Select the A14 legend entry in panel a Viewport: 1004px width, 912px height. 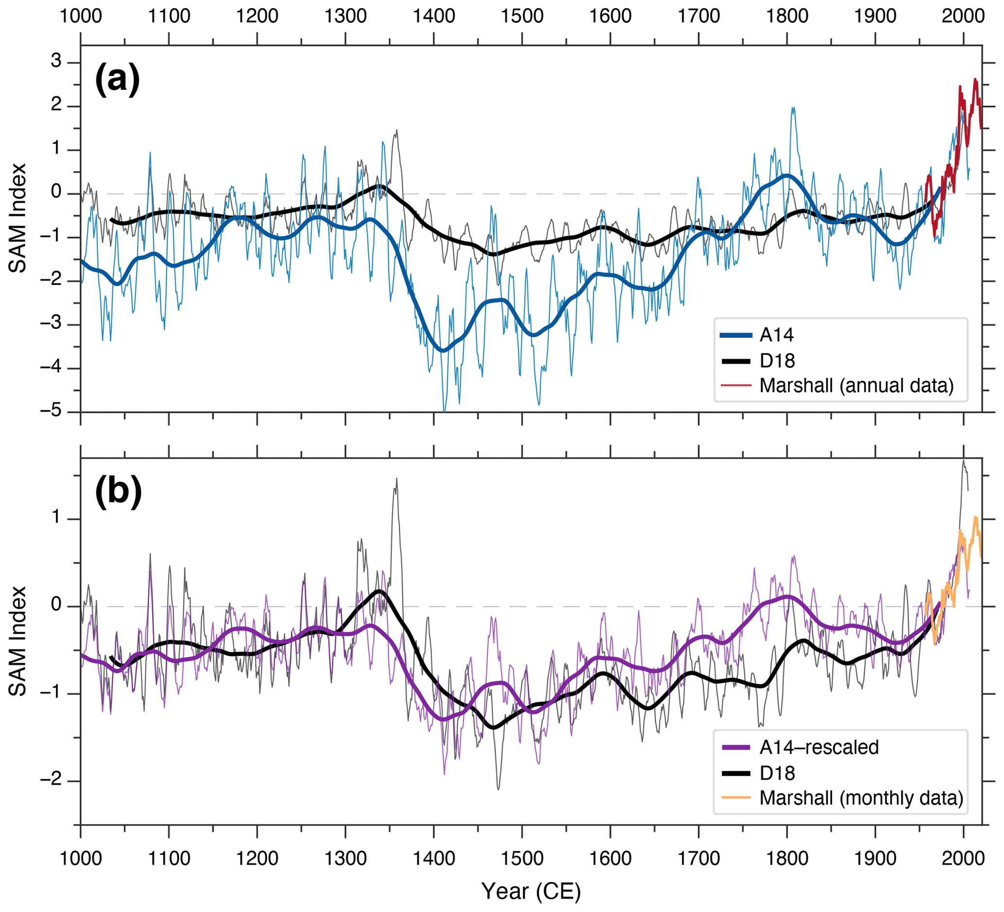(776, 335)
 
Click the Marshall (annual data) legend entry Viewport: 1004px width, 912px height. (856, 385)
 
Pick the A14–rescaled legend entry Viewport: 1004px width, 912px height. (819, 747)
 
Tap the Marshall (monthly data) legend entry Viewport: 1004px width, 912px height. (861, 798)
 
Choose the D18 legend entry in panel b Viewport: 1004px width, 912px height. (777, 773)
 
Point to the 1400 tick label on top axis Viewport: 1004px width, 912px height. (434, 17)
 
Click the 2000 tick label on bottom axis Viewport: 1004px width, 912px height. (963, 859)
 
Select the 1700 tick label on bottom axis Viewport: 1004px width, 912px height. (698, 859)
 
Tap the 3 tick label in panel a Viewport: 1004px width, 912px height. (56, 61)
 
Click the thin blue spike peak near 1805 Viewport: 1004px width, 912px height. (792, 107)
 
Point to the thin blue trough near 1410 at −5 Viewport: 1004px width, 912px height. (444, 411)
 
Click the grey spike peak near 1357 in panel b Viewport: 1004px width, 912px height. (396, 479)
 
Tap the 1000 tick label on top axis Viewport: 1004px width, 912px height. (81, 17)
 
